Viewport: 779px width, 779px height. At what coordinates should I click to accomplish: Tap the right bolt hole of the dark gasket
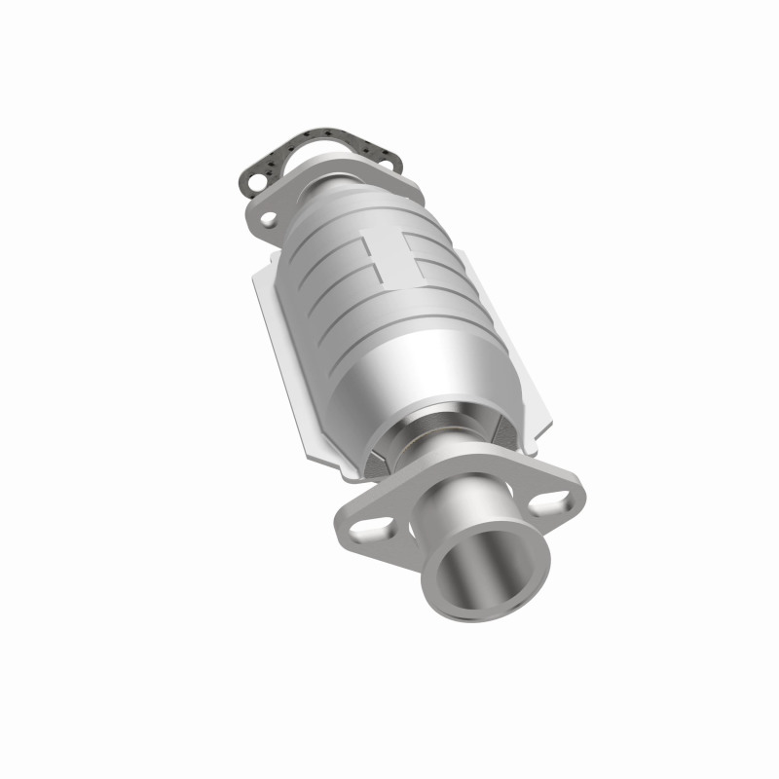click(388, 164)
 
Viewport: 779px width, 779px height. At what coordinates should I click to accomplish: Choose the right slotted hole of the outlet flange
click(552, 501)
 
